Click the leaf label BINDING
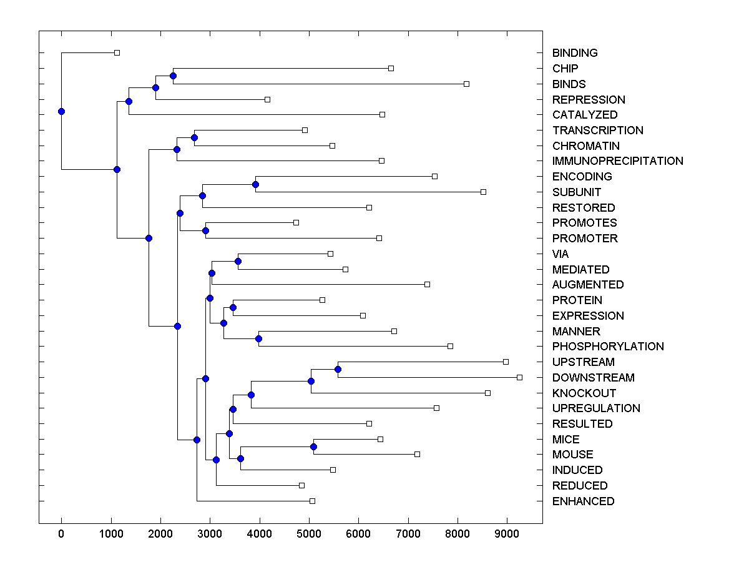[x=575, y=53]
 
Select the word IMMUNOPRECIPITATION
[x=617, y=161]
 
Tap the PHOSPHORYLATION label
[x=608, y=347]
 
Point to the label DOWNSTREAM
[x=593, y=378]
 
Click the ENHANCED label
[x=583, y=501]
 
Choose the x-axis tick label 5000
[x=309, y=533]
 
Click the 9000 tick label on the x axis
[x=507, y=533]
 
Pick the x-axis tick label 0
[x=61, y=533]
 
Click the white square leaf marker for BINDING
[x=117, y=52]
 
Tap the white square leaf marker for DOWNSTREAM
[x=519, y=377]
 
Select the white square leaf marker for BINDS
[x=466, y=84]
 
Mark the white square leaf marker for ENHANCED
[x=312, y=501]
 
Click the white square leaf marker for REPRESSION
[x=267, y=99]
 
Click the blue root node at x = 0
[x=61, y=111]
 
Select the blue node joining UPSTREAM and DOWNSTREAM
[x=338, y=369]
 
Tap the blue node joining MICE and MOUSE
[x=313, y=446]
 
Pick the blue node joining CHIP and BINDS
[x=173, y=76]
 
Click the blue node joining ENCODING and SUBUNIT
[x=255, y=184]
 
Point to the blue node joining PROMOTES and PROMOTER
[x=205, y=230]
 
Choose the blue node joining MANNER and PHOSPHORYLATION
[x=258, y=338]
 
